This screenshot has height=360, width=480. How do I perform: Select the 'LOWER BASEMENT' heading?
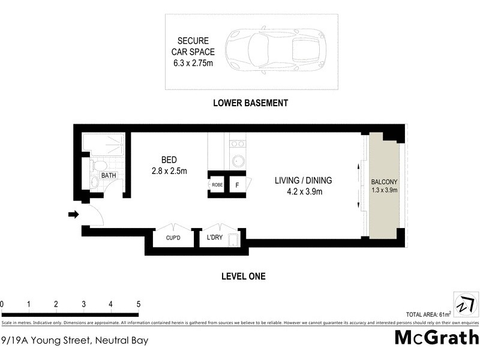251,103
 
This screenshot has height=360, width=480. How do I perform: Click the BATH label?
109,176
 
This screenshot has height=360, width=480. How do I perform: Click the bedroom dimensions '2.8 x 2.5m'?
169,171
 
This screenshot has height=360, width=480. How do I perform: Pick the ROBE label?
217,185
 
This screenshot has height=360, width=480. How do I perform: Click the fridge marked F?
237,185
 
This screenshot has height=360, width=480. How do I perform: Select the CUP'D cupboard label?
173,238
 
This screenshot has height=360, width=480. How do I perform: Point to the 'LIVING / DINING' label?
303,180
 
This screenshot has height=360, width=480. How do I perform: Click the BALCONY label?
384,181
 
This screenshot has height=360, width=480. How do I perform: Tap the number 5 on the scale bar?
139,304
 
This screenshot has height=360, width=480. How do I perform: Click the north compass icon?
464,303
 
